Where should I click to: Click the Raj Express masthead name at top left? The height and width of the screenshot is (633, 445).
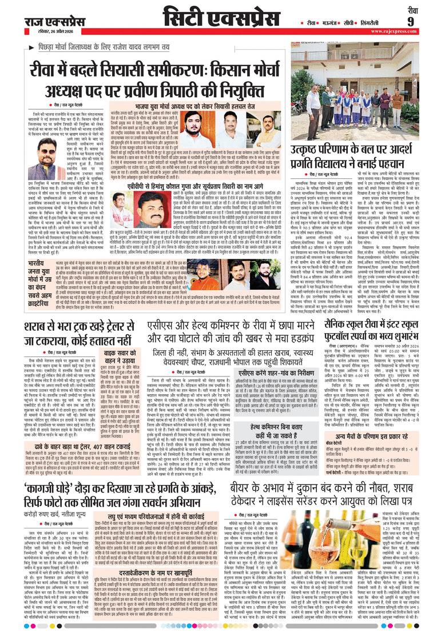[54, 22]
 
